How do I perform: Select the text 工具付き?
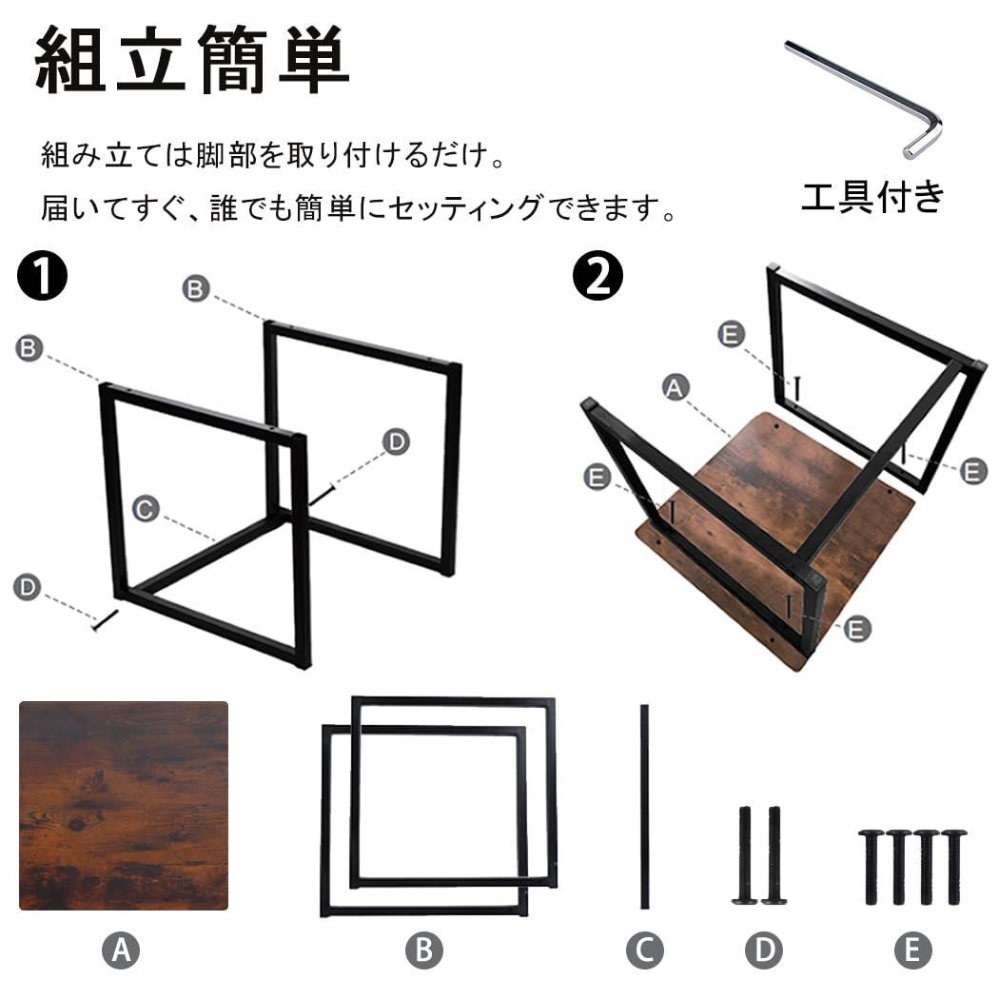point(872,196)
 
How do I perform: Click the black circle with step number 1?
point(42,277)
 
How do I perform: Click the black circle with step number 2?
point(597,277)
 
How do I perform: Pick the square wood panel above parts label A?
point(124,805)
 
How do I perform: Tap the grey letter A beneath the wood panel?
point(121,950)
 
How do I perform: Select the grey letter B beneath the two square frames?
point(424,950)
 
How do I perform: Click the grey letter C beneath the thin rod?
point(644,950)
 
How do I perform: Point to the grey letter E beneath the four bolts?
point(912,950)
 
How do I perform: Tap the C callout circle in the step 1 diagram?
point(145,510)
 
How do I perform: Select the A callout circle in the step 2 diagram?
point(675,387)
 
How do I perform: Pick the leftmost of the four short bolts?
point(871,866)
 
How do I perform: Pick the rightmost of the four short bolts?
point(953,866)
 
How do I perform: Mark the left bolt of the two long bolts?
point(745,854)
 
